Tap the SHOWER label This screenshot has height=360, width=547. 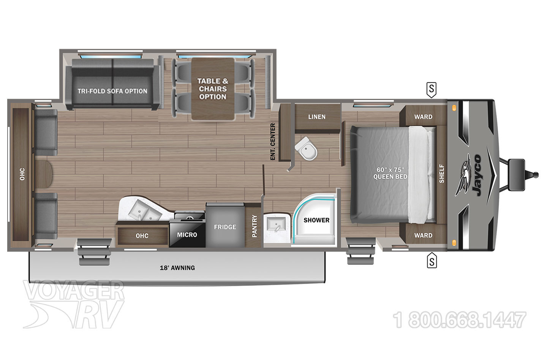(x=316, y=220)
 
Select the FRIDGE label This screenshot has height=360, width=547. (x=225, y=227)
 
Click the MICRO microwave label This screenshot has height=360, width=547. (x=187, y=235)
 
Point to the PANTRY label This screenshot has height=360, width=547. (x=255, y=226)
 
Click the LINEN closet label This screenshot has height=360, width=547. (x=316, y=117)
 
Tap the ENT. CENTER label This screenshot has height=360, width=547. (x=273, y=141)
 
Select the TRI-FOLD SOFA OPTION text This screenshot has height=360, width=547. (x=112, y=91)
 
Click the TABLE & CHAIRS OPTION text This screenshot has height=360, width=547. (x=213, y=89)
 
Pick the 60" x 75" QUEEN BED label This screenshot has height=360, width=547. (x=390, y=173)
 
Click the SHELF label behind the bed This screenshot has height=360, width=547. (x=442, y=174)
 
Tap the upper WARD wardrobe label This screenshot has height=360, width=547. (x=423, y=117)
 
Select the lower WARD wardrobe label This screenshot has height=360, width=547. (x=423, y=235)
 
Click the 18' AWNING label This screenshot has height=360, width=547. (x=177, y=268)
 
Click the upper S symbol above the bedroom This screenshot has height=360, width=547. (x=432, y=89)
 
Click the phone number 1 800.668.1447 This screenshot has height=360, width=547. (x=460, y=320)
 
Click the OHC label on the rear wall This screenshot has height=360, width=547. (x=22, y=174)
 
